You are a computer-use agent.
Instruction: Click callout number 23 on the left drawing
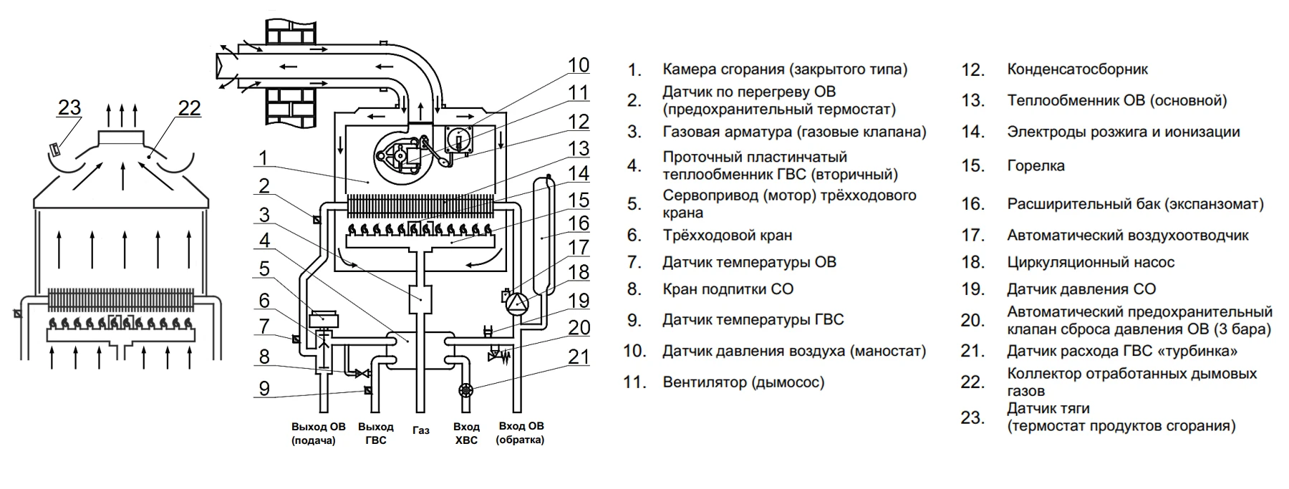pos(69,107)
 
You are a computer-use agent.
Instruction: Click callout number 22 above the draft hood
pos(189,107)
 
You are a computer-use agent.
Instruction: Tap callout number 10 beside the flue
pos(579,65)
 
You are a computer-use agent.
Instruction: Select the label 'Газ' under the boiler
pos(421,430)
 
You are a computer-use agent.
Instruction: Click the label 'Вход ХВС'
pos(466,433)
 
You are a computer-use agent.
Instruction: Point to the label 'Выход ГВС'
pos(376,433)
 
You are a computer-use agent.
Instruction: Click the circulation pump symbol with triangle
pos(516,303)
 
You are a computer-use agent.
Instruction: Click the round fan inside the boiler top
pos(396,155)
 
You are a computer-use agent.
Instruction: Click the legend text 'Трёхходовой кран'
pos(727,235)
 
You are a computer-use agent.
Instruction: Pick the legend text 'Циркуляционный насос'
pos(1091,262)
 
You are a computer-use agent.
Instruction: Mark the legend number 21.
pos(973,351)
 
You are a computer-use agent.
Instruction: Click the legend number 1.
pos(634,69)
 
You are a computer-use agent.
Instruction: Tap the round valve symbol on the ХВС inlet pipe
pos(466,391)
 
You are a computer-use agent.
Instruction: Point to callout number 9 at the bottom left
pos(264,389)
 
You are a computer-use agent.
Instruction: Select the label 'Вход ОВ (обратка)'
pos(521,433)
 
